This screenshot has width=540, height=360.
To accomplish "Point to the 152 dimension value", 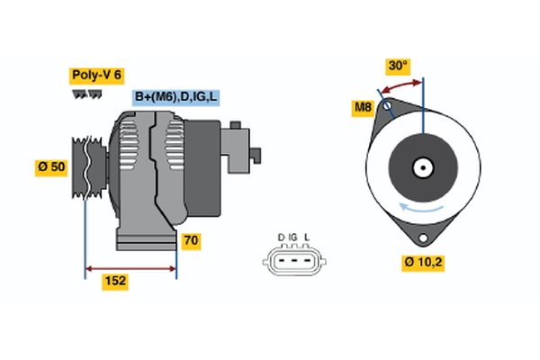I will [114, 281].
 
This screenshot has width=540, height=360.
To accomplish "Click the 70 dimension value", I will [191, 241].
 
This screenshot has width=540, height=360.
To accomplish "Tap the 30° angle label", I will [398, 66].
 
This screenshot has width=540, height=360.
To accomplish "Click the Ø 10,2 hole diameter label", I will [424, 263].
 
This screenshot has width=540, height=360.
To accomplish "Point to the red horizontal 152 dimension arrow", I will [130, 267].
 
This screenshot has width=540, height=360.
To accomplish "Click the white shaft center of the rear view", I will [422, 167].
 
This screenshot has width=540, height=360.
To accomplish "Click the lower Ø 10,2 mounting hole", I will [422, 237].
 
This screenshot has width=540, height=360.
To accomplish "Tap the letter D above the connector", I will [281, 238].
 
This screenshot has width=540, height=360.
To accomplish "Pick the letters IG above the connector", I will [293, 238].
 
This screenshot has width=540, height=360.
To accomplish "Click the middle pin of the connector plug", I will [293, 261].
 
